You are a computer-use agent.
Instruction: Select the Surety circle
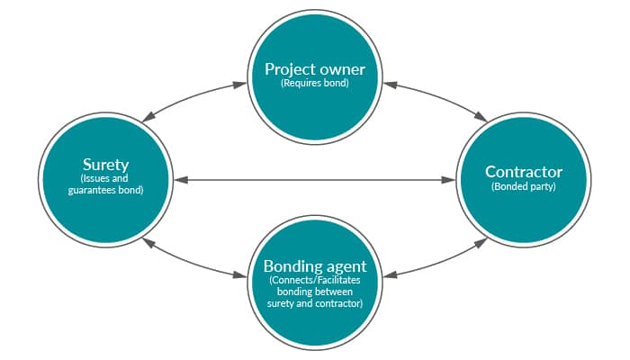click(x=104, y=177)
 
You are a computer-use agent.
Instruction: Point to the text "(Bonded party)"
click(x=524, y=187)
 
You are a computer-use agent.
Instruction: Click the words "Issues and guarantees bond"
click(x=104, y=185)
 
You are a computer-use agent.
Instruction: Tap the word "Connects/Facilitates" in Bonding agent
click(x=314, y=280)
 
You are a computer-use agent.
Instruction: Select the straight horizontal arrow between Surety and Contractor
click(x=314, y=181)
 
